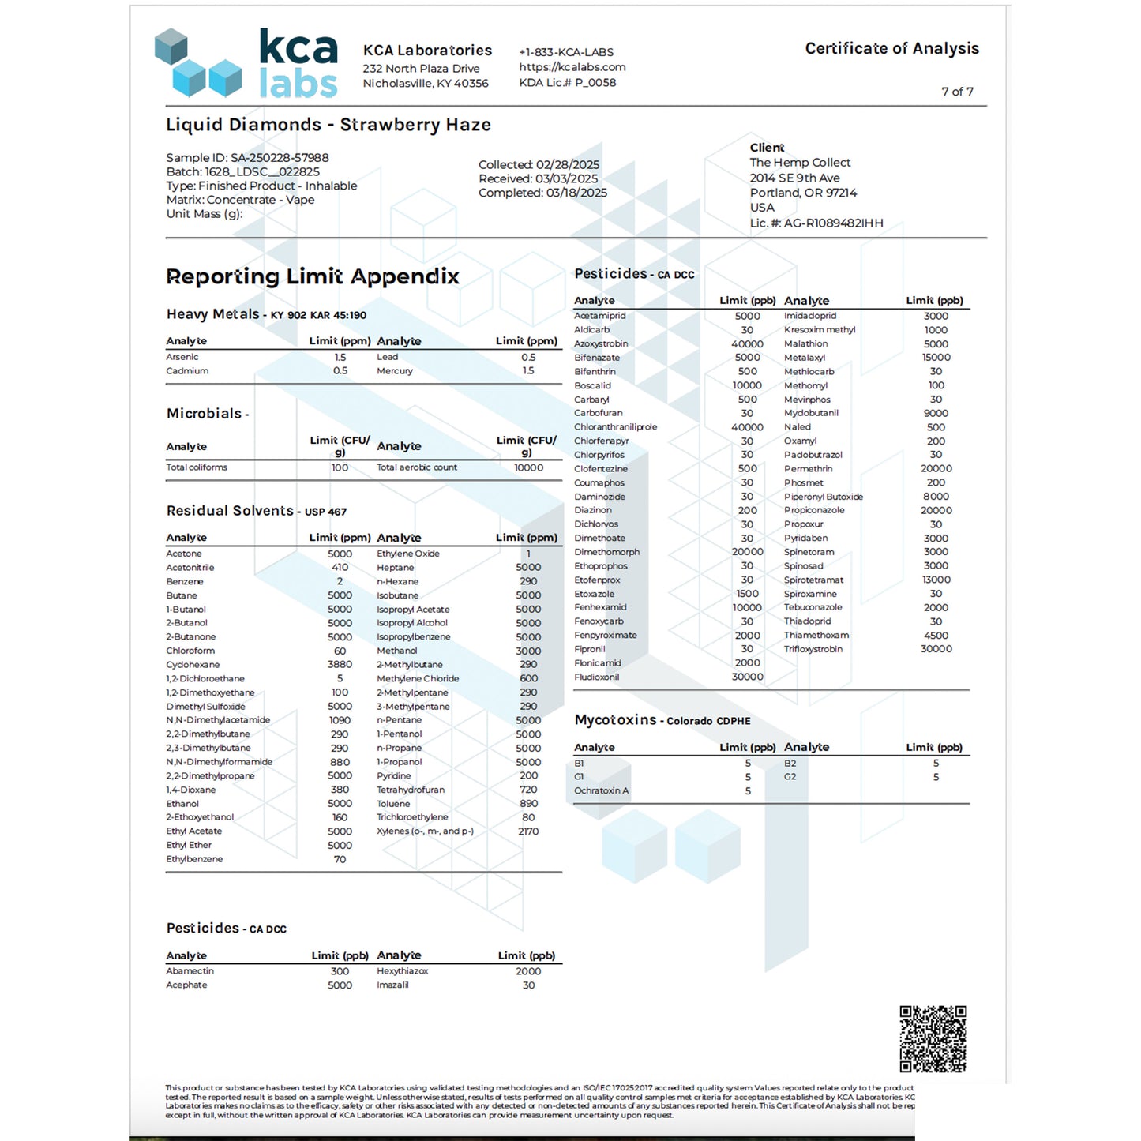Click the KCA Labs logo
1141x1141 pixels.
pyautogui.click(x=246, y=63)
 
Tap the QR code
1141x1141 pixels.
pyautogui.click(x=933, y=1038)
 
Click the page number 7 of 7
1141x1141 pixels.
pyautogui.click(x=957, y=92)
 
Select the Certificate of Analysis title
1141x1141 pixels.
pyautogui.click(x=891, y=49)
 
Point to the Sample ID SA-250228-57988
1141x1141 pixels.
pyautogui.click(x=247, y=158)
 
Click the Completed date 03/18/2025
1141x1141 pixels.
pyautogui.click(x=542, y=193)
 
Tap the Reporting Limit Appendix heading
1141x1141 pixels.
pyautogui.click(x=313, y=276)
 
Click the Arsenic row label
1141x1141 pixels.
pyautogui.click(x=182, y=357)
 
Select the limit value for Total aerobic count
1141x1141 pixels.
pyautogui.click(x=528, y=467)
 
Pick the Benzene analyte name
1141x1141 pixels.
pyautogui.click(x=185, y=582)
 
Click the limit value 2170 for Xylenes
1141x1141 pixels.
pyautogui.click(x=528, y=831)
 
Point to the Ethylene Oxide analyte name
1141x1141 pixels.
pyautogui.click(x=408, y=554)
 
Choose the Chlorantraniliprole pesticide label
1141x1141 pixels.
pyautogui.click(x=615, y=427)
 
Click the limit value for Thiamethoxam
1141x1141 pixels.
pyautogui.click(x=936, y=636)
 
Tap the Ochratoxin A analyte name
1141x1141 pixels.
pyautogui.click(x=602, y=790)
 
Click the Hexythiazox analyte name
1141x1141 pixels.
pyautogui.click(x=403, y=971)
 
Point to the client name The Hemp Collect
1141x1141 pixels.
pyautogui.click(x=800, y=163)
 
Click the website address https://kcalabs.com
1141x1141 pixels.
pyautogui.click(x=572, y=67)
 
